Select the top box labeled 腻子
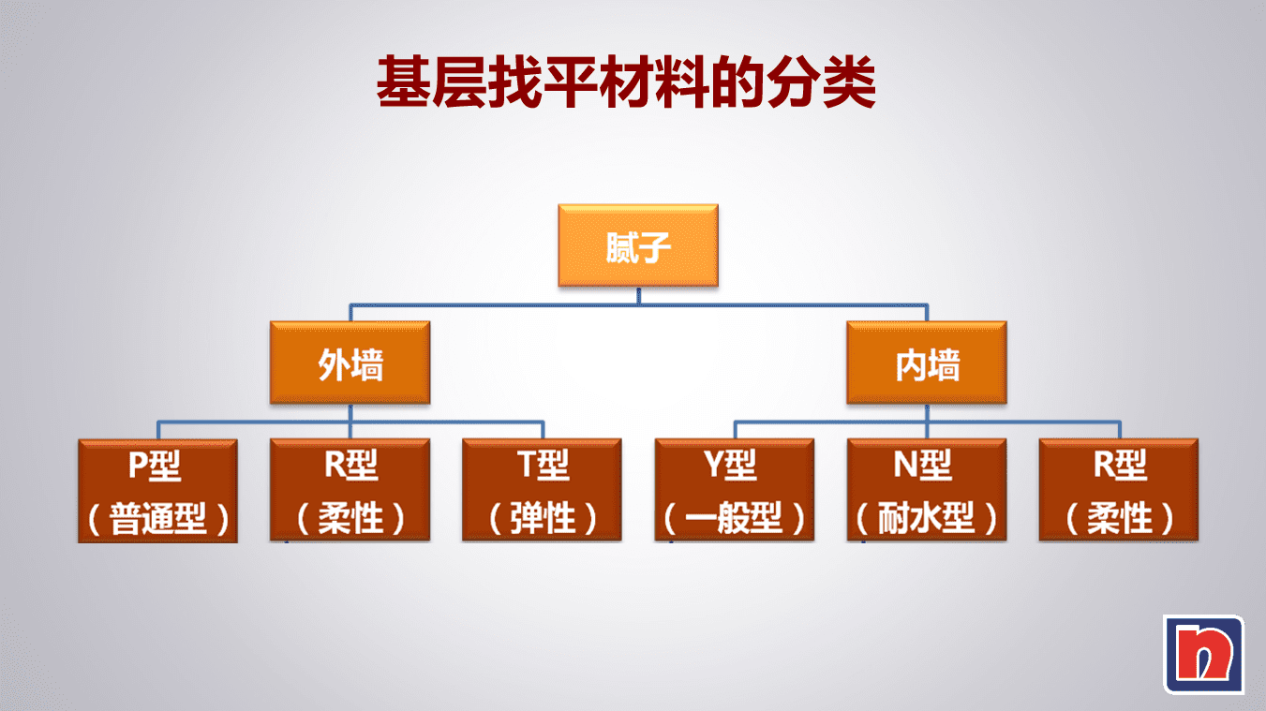(638, 244)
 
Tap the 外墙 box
(350, 363)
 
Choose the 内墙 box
(927, 363)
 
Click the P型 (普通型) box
(157, 489)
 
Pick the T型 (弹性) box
(542, 489)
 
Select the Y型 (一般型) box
(735, 489)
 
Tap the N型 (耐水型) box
(927, 489)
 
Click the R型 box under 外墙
(350, 489)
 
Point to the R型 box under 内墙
(1119, 489)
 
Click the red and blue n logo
(1203, 654)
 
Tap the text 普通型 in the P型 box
(157, 519)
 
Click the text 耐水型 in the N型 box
(927, 519)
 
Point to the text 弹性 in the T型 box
(543, 519)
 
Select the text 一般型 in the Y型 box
(735, 519)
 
